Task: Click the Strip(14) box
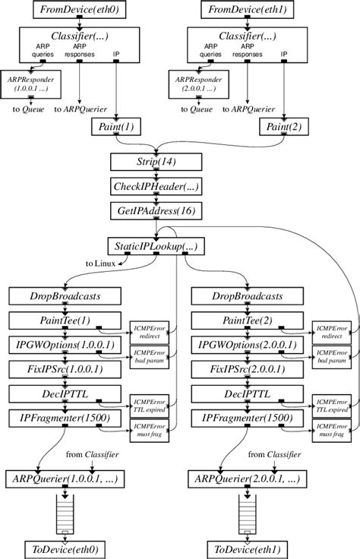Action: point(156,163)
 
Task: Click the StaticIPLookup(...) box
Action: point(156,247)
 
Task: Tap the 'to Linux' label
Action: point(103,264)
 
